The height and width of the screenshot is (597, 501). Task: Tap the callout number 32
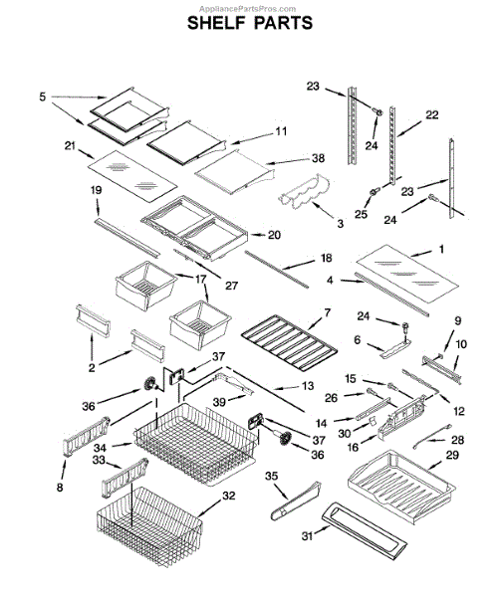click(229, 496)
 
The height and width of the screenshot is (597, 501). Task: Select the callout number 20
click(274, 235)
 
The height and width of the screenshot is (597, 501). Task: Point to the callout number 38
click(318, 158)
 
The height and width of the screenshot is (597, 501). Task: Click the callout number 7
click(328, 313)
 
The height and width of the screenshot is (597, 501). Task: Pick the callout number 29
click(452, 455)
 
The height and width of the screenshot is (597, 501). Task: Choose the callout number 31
click(307, 536)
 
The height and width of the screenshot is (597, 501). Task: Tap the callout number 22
click(431, 114)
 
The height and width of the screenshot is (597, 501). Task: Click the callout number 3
click(340, 224)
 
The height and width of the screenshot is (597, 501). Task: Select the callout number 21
click(70, 146)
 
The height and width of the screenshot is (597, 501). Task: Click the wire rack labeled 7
click(289, 343)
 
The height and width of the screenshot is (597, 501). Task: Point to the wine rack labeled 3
click(304, 193)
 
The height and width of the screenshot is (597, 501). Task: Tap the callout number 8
click(60, 487)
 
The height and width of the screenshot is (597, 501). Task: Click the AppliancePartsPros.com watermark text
click(247, 8)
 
